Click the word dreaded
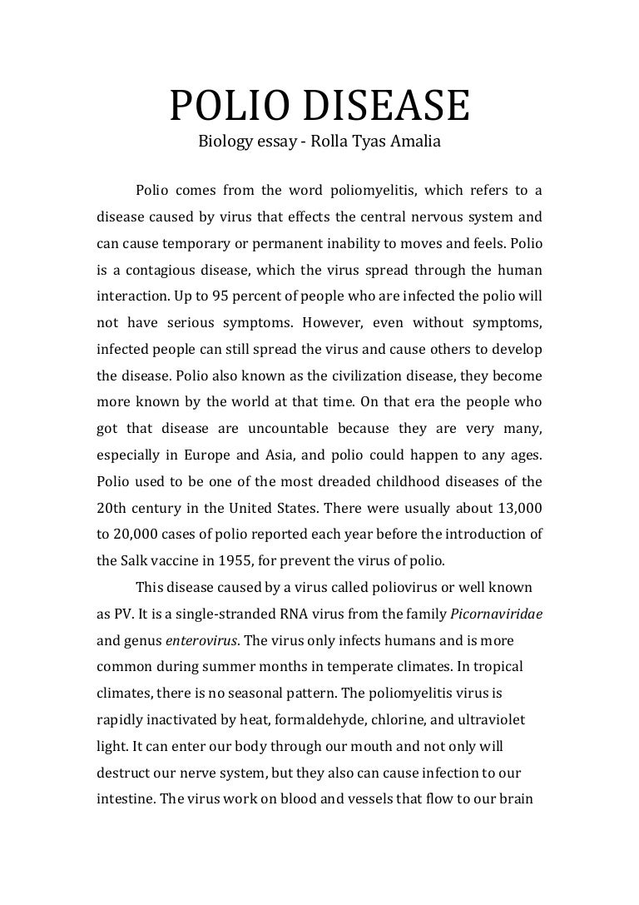pos(374,480)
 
